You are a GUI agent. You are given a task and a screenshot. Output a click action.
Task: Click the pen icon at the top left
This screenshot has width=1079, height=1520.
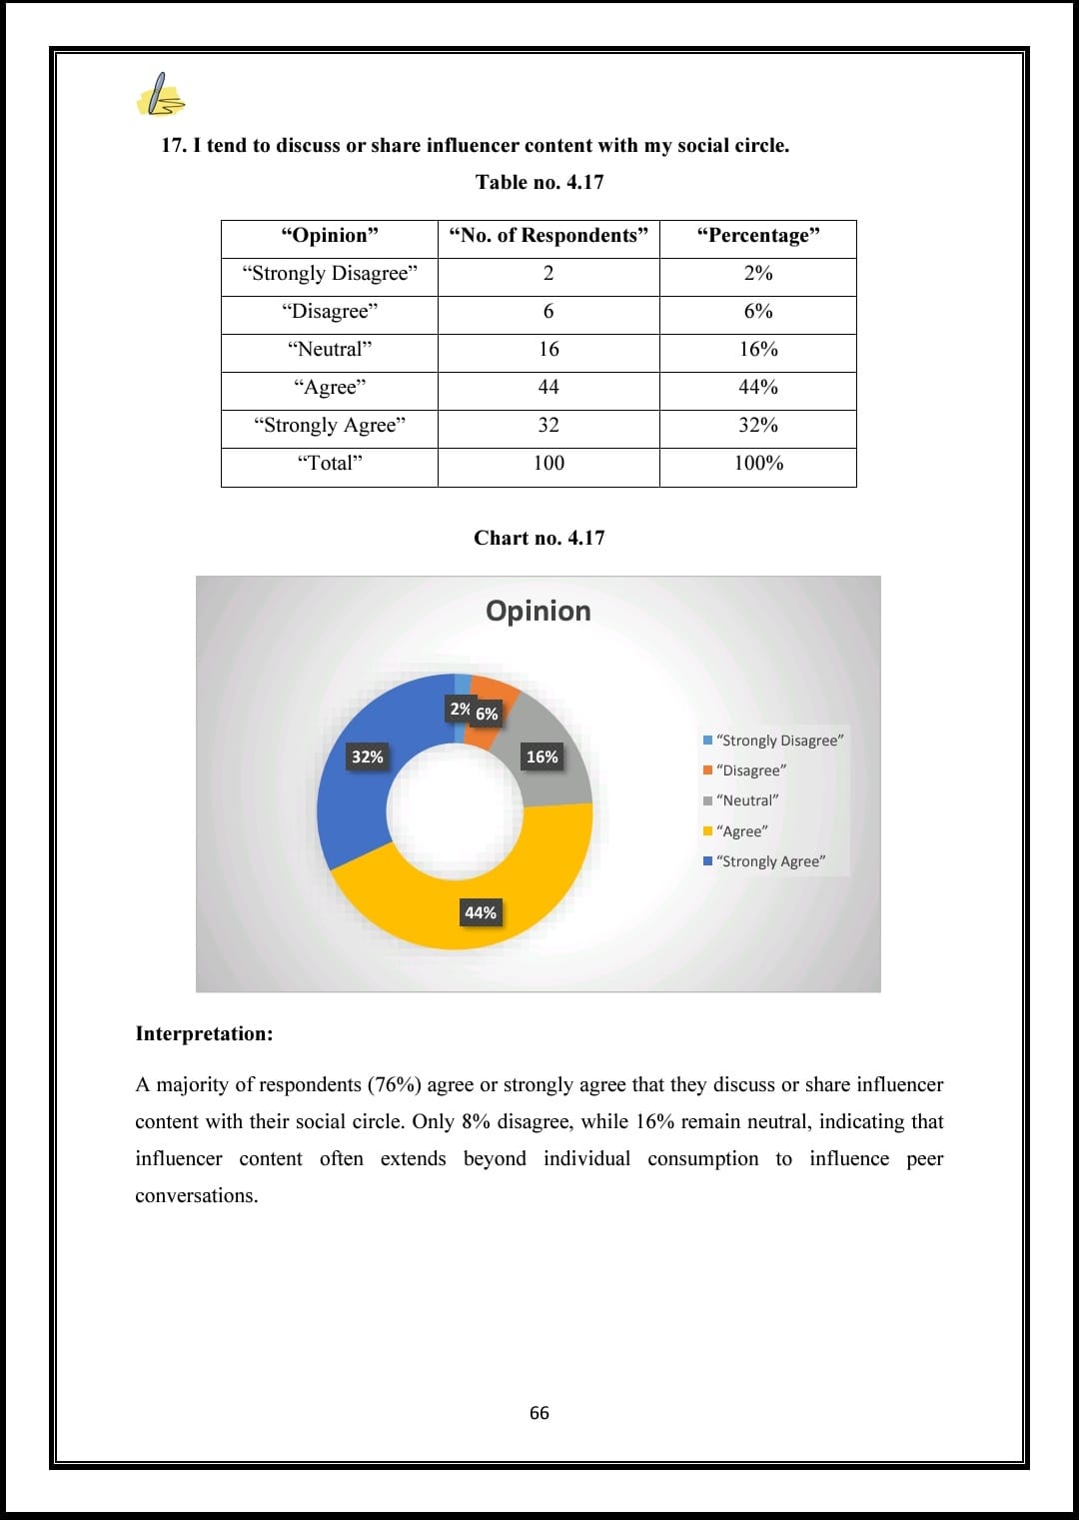click(161, 95)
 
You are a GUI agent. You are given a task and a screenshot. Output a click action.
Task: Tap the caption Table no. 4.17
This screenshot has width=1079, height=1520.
click(539, 182)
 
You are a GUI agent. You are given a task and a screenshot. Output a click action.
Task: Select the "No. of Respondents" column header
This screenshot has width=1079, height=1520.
click(548, 236)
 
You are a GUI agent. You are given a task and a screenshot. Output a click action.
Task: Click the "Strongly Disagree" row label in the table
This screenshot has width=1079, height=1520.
click(330, 274)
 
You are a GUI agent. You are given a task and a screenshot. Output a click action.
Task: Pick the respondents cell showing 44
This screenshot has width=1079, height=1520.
click(548, 388)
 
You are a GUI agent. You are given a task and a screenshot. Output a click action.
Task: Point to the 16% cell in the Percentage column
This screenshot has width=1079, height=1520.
click(758, 350)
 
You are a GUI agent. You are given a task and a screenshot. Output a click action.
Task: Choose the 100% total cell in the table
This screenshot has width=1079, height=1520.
click(758, 464)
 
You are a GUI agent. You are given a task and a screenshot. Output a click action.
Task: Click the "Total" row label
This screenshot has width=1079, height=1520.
click(330, 464)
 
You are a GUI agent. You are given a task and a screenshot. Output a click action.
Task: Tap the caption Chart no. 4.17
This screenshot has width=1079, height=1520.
click(539, 538)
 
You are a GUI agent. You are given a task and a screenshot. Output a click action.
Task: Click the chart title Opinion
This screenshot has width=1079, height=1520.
click(539, 611)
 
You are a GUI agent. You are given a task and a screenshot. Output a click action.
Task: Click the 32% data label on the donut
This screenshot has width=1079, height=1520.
click(367, 757)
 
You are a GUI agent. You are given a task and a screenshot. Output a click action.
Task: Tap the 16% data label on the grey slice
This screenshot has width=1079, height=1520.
click(542, 757)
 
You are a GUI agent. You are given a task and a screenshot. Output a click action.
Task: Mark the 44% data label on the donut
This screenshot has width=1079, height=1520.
click(480, 912)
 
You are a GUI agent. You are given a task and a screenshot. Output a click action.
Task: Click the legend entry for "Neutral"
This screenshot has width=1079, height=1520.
click(747, 800)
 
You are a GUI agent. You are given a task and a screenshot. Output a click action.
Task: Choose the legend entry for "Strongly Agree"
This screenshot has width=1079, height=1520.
click(770, 861)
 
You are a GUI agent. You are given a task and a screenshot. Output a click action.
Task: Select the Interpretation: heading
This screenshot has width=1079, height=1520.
click(204, 1034)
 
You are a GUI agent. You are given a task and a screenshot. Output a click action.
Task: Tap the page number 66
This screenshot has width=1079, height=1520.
click(539, 1413)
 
